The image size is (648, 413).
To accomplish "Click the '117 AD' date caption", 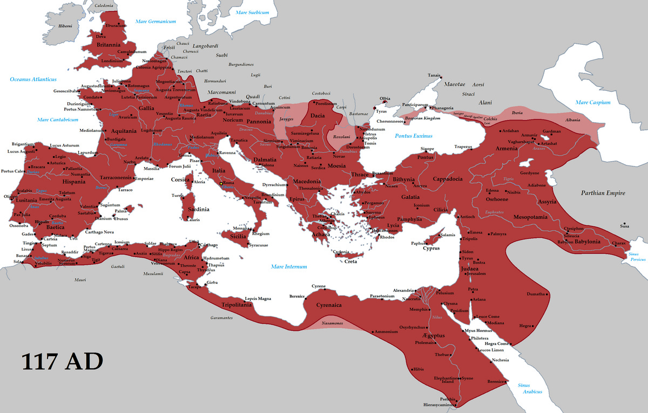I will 62,363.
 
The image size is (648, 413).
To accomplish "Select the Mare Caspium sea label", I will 592,102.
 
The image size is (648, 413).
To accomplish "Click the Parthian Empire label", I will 603,193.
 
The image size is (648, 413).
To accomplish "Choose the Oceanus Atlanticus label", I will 33,79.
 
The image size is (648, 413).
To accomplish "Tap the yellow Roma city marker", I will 221,183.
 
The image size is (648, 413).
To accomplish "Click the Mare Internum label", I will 289,267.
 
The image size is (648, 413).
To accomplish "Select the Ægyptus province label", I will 430,335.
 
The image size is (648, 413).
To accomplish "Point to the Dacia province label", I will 318,115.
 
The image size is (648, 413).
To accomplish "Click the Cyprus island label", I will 431,248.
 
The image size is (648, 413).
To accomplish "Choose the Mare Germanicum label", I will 156,22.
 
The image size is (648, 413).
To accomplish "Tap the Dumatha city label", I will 536,294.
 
